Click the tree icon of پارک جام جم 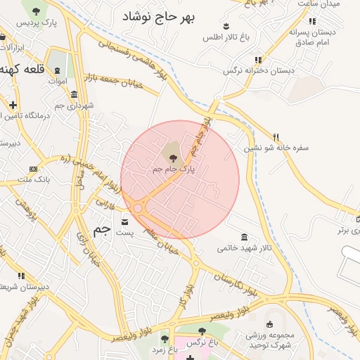coord(173,157)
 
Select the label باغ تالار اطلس coord(223,36)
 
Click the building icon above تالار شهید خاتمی coord(243,236)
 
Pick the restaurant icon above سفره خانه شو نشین coord(276,137)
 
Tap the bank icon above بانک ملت coord(33,169)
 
